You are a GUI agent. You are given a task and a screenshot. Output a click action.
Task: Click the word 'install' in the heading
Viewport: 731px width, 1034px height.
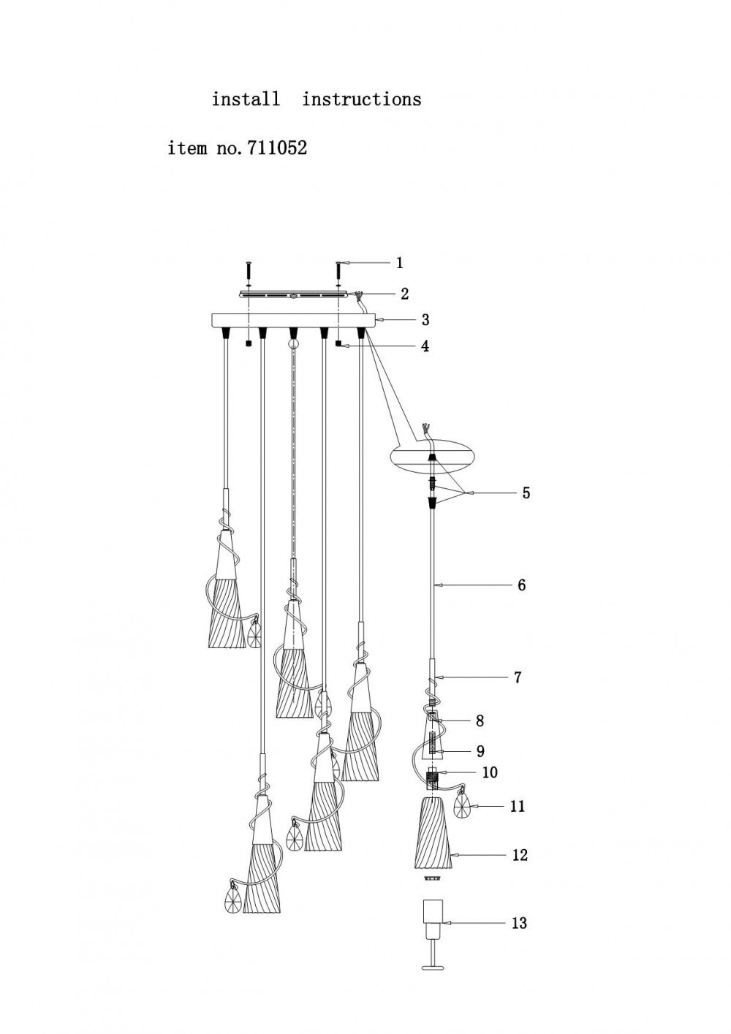(246, 99)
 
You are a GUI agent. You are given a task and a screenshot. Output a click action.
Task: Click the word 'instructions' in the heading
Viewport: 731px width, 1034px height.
(362, 99)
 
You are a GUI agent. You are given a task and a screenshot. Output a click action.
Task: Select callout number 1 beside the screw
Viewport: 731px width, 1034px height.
(399, 263)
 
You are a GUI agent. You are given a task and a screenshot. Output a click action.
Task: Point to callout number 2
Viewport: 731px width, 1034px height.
(404, 294)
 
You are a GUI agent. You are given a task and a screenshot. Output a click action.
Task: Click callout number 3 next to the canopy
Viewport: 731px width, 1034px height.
(425, 319)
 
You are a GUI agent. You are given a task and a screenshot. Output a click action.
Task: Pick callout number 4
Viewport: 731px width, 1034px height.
(425, 346)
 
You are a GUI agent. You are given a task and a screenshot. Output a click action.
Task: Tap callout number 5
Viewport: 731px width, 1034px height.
(526, 493)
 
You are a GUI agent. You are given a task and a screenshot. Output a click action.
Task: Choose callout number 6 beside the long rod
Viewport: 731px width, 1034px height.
(521, 585)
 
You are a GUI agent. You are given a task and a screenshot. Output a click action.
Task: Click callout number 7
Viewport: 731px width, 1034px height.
(518, 677)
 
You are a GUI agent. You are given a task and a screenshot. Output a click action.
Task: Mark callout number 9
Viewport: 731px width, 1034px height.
(480, 751)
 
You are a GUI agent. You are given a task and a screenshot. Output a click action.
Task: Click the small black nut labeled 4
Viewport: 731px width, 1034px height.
(339, 344)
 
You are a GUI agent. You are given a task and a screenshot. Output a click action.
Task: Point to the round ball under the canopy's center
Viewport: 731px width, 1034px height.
(293, 343)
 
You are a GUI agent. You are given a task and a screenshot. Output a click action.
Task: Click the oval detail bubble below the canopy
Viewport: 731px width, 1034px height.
(433, 455)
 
